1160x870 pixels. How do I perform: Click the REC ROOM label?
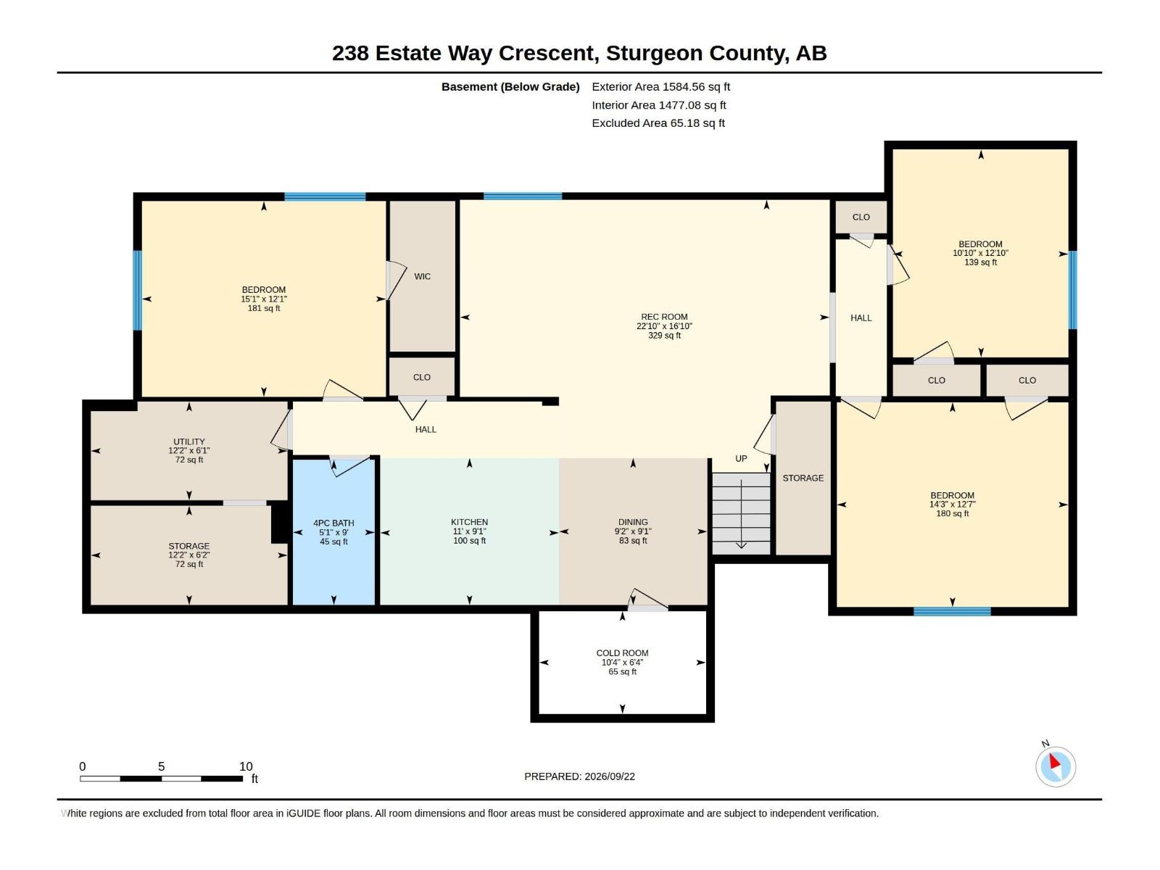point(664,317)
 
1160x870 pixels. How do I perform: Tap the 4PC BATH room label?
point(333,523)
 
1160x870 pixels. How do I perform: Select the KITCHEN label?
point(469,522)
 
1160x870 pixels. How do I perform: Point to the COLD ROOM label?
point(622,653)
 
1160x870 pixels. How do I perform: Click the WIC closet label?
point(422,276)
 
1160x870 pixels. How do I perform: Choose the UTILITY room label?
point(189,442)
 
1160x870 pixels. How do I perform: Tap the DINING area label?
point(633,522)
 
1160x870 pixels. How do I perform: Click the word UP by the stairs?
point(741,458)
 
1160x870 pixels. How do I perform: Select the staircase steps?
point(741,513)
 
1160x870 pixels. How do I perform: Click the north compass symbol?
point(1056,766)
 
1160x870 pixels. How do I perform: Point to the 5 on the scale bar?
point(161,766)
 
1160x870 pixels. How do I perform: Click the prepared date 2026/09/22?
point(609,776)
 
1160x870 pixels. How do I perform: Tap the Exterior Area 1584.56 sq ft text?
point(660,86)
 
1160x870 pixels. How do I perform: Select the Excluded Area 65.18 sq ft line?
point(658,123)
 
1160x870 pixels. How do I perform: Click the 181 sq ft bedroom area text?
point(264,308)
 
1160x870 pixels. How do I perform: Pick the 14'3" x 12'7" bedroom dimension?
point(953,505)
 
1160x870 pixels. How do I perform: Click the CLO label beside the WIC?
point(422,377)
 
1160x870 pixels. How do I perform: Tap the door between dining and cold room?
point(648,600)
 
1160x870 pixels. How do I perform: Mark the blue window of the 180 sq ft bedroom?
point(952,611)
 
